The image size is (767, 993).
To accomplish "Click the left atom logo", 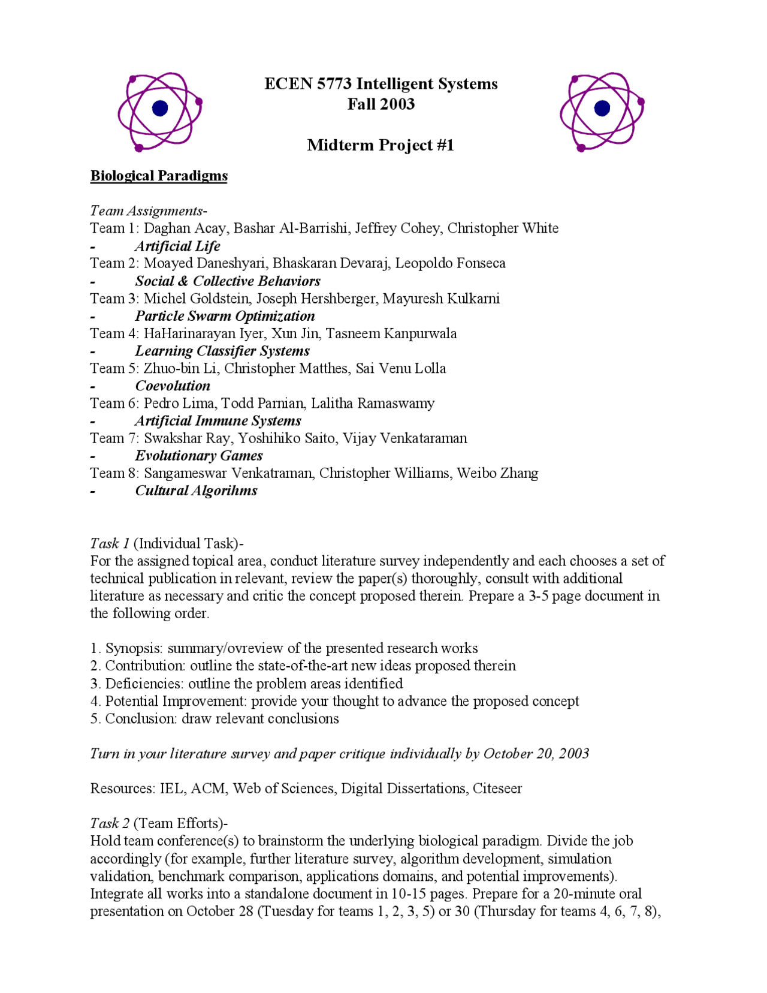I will click(x=160, y=112).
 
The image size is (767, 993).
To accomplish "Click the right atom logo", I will click(x=602, y=112).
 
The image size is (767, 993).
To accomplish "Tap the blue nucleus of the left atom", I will click(x=160, y=108).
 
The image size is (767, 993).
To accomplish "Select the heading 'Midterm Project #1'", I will click(x=381, y=145).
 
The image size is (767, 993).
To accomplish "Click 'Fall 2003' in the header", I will click(x=381, y=104).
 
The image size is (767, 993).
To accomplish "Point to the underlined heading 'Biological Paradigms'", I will click(x=159, y=176).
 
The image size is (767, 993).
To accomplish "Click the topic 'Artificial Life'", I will click(x=177, y=246).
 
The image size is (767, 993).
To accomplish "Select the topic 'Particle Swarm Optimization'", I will click(x=225, y=316).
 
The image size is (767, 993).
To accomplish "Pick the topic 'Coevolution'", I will click(x=173, y=386).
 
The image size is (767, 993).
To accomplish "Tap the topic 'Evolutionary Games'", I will click(x=198, y=456).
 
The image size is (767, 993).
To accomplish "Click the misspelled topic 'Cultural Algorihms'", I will click(x=196, y=491).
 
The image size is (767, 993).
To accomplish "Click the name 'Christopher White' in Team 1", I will click(x=503, y=228).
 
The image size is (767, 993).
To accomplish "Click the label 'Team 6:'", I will click(x=114, y=404).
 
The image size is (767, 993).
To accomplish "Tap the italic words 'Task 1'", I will click(x=110, y=543).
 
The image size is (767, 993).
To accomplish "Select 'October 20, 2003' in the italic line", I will click(x=536, y=754).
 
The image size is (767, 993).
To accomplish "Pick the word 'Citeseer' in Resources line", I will click(x=497, y=789).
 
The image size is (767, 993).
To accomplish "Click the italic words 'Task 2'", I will click(x=110, y=823).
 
